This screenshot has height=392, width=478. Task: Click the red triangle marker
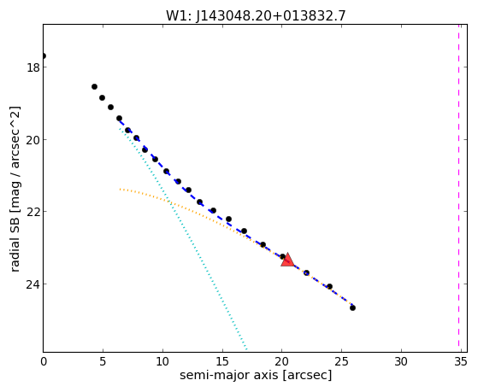287,260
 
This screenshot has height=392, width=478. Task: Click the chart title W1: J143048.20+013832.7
256,16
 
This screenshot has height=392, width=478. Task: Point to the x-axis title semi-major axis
256,375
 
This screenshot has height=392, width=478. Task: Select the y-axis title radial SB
15,189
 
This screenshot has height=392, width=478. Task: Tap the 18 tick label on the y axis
33,67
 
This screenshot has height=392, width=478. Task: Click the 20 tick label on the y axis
33,140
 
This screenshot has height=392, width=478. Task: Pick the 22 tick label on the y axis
33,212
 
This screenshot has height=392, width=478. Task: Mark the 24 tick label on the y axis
33,284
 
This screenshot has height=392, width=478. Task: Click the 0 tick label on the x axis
44,361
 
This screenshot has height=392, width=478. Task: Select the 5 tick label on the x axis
103,361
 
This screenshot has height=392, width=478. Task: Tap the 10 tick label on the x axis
162,361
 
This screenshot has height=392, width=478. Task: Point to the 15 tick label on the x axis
222,361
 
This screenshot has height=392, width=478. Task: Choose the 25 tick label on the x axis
341,361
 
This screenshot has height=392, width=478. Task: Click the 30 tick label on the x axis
401,361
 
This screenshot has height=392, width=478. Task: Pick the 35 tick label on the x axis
461,361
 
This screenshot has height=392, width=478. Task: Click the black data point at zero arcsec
44,56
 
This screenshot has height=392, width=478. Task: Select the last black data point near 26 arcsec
352,308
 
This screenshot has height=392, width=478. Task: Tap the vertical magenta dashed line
458,188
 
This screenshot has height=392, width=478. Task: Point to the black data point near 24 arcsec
329,286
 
